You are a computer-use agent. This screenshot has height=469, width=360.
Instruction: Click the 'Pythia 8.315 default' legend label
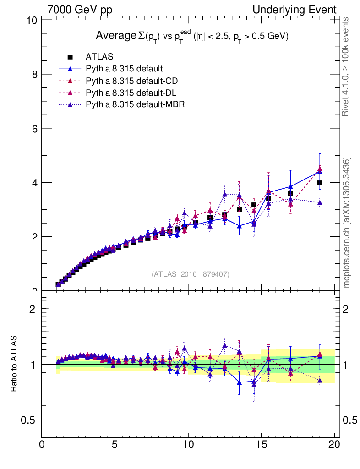[x=124, y=69]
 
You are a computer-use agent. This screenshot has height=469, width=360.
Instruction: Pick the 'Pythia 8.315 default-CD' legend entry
[x=131, y=81]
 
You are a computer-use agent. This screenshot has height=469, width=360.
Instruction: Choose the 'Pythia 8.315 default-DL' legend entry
[x=131, y=93]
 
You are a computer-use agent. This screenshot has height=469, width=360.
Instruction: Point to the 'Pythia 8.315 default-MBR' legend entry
[x=135, y=104]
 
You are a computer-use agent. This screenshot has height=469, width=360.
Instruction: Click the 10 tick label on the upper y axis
[x=32, y=21]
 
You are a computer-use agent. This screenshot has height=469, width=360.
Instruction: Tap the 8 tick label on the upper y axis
[x=34, y=74]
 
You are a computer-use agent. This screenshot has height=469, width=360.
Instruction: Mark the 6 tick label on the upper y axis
[x=34, y=128]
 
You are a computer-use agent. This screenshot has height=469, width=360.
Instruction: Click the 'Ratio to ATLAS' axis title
[x=14, y=365]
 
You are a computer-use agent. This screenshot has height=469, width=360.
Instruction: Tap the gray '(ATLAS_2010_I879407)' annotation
[x=191, y=274]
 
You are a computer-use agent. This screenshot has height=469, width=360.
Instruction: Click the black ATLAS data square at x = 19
[x=320, y=183]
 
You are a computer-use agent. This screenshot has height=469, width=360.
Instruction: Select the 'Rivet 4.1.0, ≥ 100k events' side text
[x=346, y=67]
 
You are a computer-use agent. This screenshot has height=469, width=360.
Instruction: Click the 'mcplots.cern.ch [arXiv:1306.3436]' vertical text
[x=347, y=223]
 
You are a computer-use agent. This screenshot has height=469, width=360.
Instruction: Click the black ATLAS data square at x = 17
[x=290, y=194]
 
